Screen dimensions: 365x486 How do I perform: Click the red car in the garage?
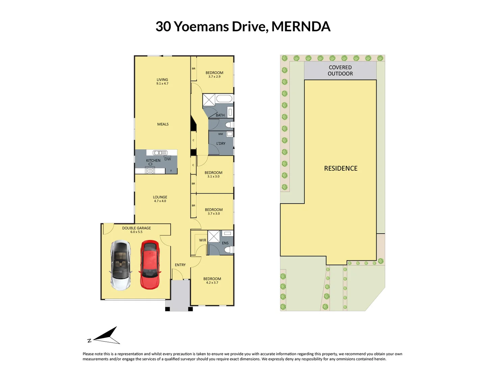(150, 265)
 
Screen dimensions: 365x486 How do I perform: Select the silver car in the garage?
(120, 265)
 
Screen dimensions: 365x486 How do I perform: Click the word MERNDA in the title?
(301, 27)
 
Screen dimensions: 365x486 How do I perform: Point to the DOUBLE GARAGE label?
(136, 228)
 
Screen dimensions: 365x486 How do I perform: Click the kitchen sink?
(160, 153)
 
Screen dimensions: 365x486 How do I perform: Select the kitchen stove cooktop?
(150, 171)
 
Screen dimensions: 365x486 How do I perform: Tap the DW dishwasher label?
(168, 159)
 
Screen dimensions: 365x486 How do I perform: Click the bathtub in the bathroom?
(224, 99)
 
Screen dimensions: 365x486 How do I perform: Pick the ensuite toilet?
(230, 250)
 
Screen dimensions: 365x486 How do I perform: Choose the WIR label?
(202, 240)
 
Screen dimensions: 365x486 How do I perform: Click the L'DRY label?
(221, 144)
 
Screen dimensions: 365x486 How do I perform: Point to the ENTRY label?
(180, 265)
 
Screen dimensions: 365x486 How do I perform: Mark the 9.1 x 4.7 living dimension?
(162, 83)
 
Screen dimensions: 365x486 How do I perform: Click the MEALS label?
(163, 124)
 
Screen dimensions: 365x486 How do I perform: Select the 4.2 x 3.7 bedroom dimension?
(212, 283)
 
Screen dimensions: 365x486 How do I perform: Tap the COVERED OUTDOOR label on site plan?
(340, 71)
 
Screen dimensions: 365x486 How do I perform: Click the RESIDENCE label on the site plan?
(341, 168)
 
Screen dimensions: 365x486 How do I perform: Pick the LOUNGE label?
(160, 197)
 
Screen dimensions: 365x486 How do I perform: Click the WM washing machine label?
(220, 134)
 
